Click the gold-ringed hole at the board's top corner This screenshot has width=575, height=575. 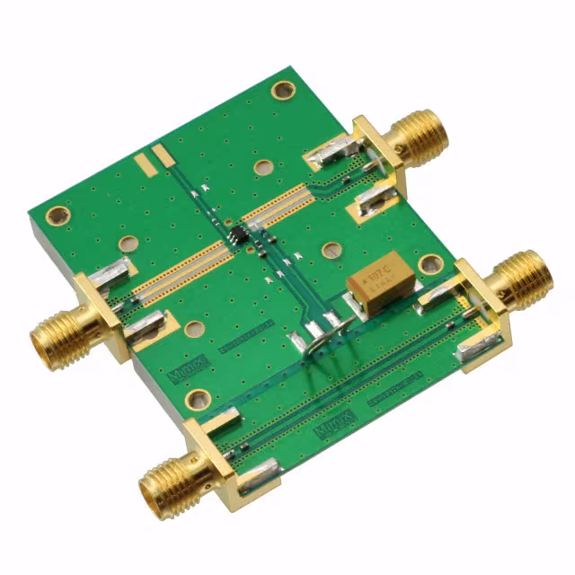coord(283,90)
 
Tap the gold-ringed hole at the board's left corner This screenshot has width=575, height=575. coord(57,216)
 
